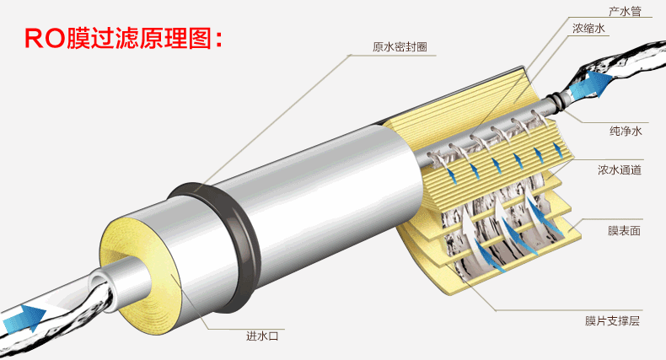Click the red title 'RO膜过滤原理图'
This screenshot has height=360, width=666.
point(123,39)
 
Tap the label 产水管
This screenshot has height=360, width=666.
point(625,11)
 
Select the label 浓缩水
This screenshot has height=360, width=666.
point(588,29)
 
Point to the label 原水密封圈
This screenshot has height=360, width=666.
point(400,46)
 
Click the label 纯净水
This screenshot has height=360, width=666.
point(626,131)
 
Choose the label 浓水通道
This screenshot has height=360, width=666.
point(620,169)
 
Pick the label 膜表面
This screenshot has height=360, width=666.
point(624,230)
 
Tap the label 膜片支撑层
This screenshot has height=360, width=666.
point(612,320)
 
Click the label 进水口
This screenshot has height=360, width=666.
point(262,336)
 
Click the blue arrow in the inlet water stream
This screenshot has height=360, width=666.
point(24,318)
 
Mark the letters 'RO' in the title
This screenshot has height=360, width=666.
point(45,39)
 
